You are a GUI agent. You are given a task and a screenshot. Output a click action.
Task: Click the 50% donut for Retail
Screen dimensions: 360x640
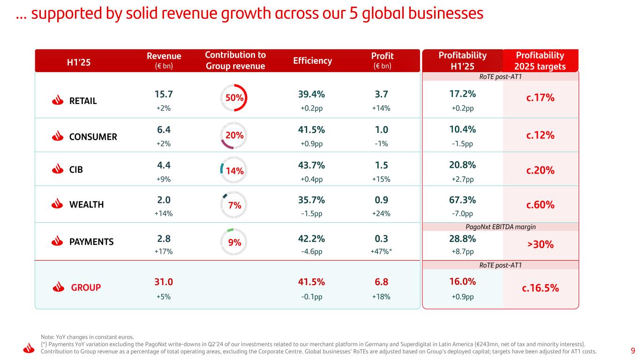tap(234, 98)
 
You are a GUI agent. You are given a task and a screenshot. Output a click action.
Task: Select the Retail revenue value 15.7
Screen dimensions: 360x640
tap(163, 94)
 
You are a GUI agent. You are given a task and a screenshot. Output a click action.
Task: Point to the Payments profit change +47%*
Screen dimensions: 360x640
tap(381, 251)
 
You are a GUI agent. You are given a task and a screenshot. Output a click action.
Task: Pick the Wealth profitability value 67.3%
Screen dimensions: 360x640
tap(463, 200)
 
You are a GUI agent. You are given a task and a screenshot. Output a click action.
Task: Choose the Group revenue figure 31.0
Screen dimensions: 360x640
tap(163, 282)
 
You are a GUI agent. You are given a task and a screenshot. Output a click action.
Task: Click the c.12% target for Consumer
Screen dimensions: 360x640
tap(541, 135)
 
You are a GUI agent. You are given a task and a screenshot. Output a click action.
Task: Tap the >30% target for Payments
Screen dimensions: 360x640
tap(541, 244)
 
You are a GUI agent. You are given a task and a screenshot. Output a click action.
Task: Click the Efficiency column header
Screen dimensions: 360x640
tap(313, 60)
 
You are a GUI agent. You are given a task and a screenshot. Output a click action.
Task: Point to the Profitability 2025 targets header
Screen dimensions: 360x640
tap(541, 60)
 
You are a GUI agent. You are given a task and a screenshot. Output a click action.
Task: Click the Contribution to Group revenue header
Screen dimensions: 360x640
tap(235, 60)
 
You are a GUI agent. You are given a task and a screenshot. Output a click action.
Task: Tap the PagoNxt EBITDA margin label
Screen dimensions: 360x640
tap(501, 227)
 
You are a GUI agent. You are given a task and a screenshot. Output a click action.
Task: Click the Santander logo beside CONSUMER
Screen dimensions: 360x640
tap(57, 136)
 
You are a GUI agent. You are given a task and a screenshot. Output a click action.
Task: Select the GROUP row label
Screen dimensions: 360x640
tap(86, 287)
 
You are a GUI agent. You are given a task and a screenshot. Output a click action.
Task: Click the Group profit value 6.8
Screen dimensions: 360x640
tap(381, 282)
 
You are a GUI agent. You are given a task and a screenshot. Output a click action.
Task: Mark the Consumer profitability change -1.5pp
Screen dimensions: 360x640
tap(463, 144)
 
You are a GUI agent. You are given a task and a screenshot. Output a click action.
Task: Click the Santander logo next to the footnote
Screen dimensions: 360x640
tap(29, 348)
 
